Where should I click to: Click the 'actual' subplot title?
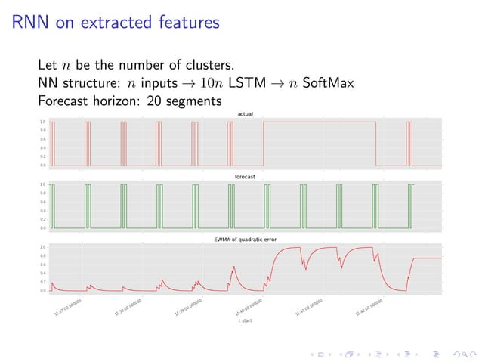245,114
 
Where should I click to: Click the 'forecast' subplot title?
245,177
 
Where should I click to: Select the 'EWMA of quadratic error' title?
245,240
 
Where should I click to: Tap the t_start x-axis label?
245,321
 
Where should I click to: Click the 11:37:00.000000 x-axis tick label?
69,307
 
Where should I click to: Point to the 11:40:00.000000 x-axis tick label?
249,307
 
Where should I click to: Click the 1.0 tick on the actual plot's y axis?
43,122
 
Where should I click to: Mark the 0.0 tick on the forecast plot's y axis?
43,227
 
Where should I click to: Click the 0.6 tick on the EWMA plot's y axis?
43,265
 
